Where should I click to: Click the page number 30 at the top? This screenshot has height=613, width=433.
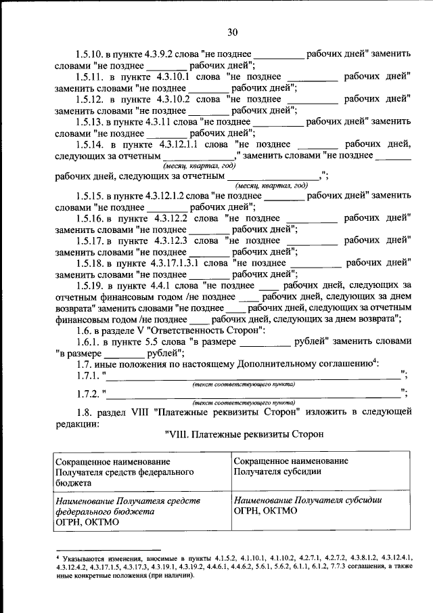point(232,32)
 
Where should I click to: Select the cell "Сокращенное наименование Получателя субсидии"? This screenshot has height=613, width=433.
point(291,466)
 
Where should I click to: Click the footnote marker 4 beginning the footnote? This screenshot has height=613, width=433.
point(58,555)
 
